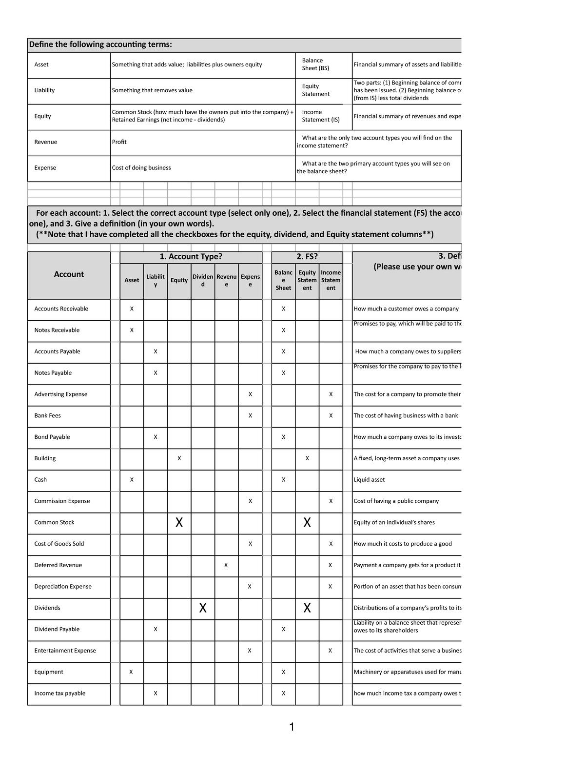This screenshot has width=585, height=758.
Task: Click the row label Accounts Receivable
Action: tap(61, 309)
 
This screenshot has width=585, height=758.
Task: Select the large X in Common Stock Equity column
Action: tap(179, 523)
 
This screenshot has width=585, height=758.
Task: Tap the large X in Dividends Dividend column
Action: tap(203, 608)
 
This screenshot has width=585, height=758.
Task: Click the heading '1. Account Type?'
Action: tap(191, 257)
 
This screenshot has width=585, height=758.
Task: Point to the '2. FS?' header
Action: tap(307, 257)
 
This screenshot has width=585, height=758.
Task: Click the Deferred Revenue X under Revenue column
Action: tap(226, 565)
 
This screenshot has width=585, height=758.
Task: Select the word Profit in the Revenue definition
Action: tap(119, 142)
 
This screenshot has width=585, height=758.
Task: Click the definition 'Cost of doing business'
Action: tap(141, 168)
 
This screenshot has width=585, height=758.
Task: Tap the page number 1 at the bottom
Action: tap(292, 727)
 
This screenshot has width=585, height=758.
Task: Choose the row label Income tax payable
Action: tap(59, 694)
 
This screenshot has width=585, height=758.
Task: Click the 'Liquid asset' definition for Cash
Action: tap(369, 480)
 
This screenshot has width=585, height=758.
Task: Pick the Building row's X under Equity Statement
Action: tap(307, 458)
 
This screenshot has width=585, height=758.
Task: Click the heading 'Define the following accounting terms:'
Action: tap(100, 45)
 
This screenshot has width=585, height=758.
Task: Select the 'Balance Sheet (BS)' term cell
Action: tap(315, 64)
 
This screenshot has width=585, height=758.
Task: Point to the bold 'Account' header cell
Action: tap(69, 274)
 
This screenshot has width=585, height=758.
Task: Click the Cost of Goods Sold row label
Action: tap(59, 544)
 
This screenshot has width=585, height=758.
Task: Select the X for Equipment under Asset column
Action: tap(131, 672)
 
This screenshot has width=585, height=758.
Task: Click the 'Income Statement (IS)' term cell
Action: tap(320, 116)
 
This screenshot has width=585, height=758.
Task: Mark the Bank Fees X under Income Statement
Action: tap(331, 416)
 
